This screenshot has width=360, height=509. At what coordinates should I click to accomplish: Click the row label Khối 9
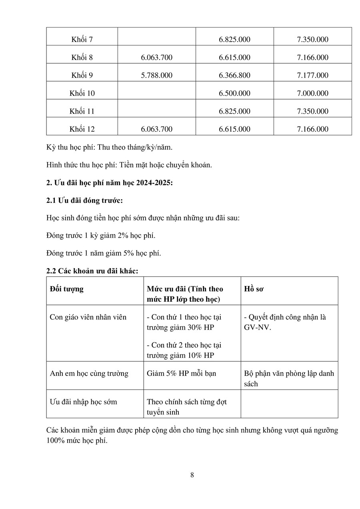[x=82, y=75]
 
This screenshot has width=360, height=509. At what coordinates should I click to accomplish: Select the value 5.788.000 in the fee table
[x=156, y=75]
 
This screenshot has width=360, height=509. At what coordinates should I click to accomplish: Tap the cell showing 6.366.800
[x=234, y=75]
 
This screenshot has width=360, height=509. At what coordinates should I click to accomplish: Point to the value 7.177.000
[x=312, y=75]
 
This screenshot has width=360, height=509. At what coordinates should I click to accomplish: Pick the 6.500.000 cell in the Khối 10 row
[x=234, y=93]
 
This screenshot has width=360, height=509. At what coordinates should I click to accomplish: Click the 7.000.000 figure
[x=312, y=93]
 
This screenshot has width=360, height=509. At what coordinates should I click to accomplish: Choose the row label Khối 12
[x=82, y=129]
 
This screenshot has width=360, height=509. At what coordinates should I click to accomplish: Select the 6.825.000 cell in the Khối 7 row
[x=234, y=40]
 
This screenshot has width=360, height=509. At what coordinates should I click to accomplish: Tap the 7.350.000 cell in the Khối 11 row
[x=312, y=111]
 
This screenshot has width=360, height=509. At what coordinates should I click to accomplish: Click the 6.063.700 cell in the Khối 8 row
[x=156, y=58]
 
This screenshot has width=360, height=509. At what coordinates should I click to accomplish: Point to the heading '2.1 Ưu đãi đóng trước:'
[x=84, y=200]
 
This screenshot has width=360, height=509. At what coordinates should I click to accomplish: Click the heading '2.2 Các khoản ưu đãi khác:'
[x=92, y=271]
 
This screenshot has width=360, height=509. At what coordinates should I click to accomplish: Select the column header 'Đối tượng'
[x=67, y=289]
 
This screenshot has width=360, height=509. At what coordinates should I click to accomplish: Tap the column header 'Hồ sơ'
[x=254, y=289]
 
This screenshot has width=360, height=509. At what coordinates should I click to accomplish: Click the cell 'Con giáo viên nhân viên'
[x=88, y=317]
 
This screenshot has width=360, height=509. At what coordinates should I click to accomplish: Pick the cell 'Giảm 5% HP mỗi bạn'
[x=181, y=373]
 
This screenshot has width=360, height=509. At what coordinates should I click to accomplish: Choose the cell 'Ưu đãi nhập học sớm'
[x=83, y=401]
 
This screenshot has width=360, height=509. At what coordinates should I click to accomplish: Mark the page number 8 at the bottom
[x=192, y=475]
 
